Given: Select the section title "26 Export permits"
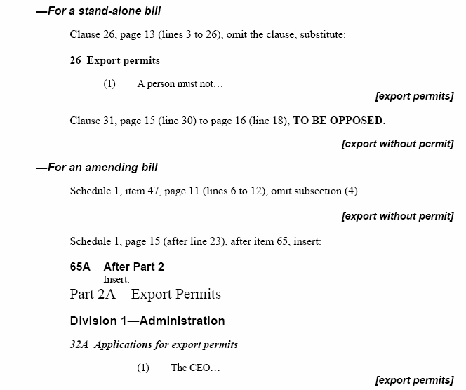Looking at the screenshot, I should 115,60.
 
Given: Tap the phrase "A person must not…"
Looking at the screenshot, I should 180,84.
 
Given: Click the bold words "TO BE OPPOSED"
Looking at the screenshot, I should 338,121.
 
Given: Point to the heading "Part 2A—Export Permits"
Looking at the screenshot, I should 145,294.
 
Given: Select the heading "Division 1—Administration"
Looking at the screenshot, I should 147,321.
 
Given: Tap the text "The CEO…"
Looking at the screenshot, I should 196,368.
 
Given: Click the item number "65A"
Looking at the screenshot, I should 81,267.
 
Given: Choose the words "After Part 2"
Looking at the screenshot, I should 133,267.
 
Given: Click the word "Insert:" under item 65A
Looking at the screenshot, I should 116,278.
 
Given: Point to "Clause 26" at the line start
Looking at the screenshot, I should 89,34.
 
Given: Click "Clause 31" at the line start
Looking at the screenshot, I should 89,121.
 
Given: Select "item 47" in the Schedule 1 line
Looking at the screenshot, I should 131,191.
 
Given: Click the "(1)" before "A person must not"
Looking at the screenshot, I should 109,84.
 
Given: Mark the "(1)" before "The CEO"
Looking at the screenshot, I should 143,368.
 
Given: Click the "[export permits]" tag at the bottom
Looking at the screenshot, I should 414,381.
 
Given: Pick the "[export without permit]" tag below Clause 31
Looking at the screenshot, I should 397,144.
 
